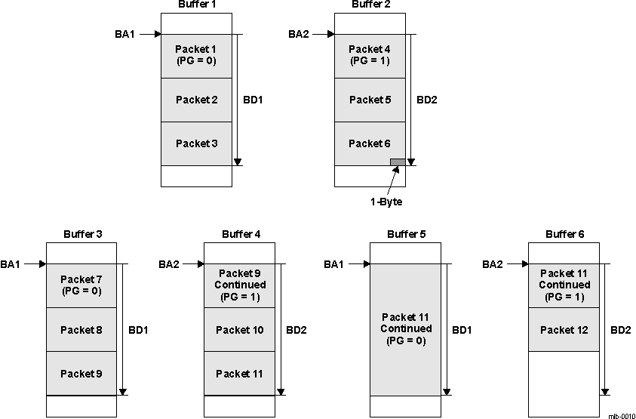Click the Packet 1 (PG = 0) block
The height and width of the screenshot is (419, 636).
point(195,55)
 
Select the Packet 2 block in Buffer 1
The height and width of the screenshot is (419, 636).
point(195,100)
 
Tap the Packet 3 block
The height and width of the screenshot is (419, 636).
point(195,143)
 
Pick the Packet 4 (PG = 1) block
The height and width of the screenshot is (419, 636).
point(369,55)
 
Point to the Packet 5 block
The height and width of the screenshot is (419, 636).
point(369,100)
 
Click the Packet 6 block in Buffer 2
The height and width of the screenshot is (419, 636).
point(369,143)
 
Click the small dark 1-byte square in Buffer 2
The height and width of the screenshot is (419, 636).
point(397,162)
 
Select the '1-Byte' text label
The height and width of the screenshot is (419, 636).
point(387,202)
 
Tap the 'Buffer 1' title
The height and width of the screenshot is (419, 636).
point(196,5)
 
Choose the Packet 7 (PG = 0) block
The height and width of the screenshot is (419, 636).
point(81,285)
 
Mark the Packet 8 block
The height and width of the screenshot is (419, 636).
point(81,330)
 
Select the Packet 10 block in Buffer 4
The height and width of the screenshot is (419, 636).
point(240,330)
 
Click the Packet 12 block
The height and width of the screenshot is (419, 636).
point(563,330)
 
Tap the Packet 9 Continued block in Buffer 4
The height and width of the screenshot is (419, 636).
point(240,285)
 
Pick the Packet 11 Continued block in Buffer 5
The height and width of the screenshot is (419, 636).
point(405,329)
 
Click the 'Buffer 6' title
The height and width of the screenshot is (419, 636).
point(564,235)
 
